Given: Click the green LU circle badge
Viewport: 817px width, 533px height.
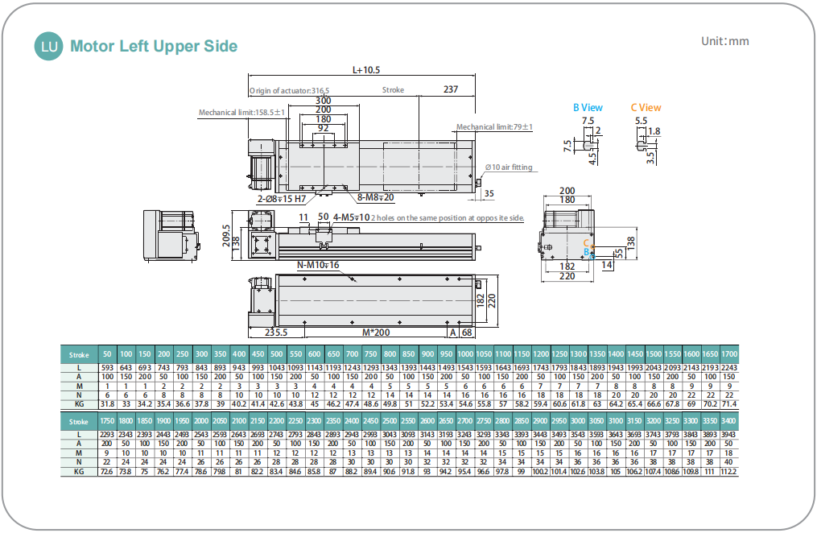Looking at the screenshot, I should click(49, 47).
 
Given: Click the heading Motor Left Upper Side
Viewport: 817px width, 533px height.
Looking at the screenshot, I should click(154, 47).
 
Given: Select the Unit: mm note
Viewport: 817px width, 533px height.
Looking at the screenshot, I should click(724, 42).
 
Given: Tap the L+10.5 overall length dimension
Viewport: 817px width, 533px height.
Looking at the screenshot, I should click(366, 70).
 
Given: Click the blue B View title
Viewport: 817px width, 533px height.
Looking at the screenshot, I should click(588, 107).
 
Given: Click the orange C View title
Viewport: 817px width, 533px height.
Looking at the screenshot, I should click(646, 107).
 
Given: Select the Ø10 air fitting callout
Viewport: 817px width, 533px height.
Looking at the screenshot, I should click(508, 167).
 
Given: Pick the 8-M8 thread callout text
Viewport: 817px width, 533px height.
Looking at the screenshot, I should click(375, 196).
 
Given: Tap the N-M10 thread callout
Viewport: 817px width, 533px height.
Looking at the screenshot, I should click(319, 265).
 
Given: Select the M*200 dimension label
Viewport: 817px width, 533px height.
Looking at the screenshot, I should click(376, 332).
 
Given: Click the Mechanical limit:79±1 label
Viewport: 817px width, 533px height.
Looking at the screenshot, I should click(494, 127).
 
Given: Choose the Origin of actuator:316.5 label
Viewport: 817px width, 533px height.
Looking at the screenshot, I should click(289, 91).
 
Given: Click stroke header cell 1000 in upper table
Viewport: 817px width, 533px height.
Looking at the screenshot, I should click(464, 354).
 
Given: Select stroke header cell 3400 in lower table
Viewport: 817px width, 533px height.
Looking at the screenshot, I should click(728, 421).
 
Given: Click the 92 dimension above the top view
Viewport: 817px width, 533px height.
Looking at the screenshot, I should click(323, 129).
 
